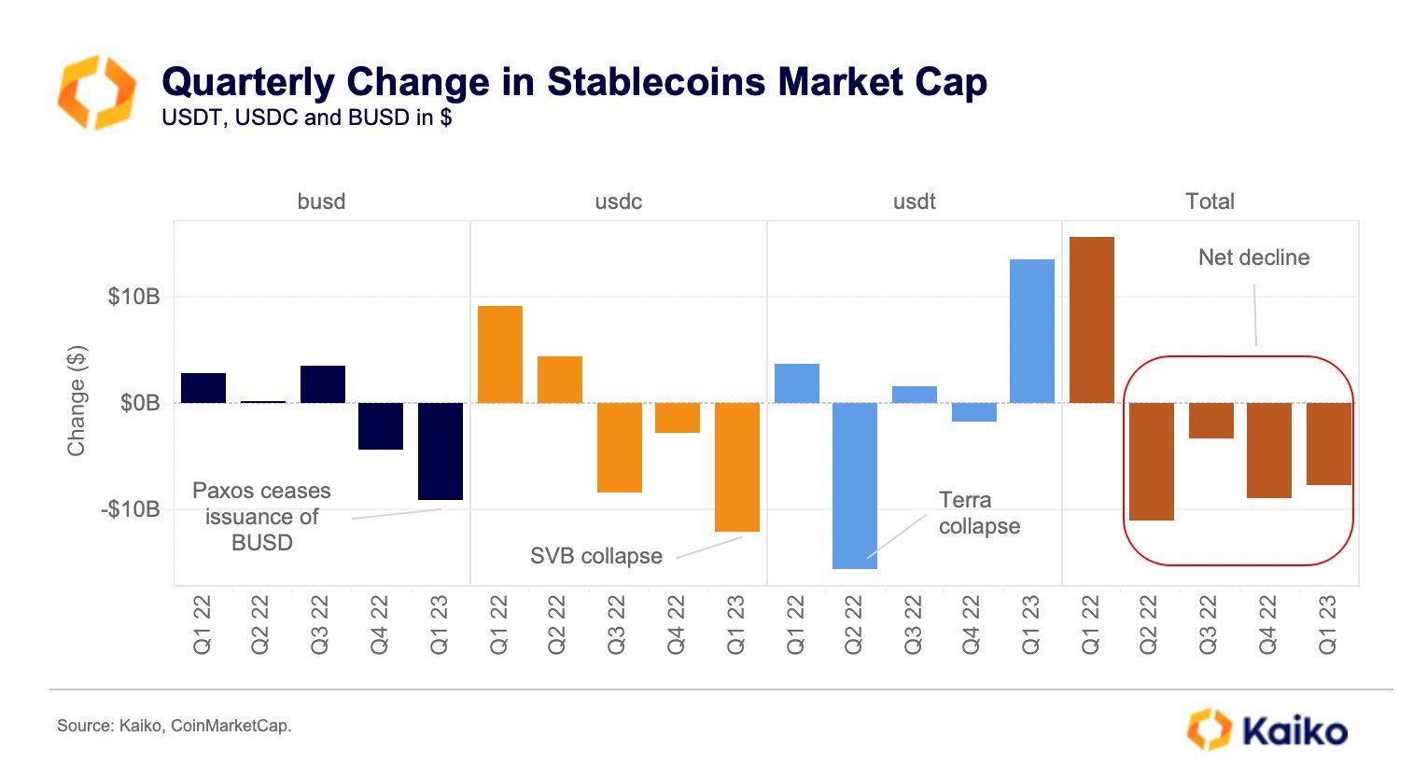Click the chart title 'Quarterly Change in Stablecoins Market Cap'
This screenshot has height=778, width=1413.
(x=574, y=82)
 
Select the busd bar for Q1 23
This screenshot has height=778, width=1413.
(x=440, y=451)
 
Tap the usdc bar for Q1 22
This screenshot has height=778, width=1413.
(x=499, y=354)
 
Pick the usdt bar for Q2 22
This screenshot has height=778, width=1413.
(x=854, y=485)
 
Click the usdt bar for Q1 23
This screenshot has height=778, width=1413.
(x=1031, y=331)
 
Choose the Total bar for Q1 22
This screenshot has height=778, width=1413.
(x=1091, y=320)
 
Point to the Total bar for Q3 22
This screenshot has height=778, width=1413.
(x=1210, y=420)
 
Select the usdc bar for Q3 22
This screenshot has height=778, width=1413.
(x=619, y=447)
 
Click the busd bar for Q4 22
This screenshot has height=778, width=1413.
(x=381, y=425)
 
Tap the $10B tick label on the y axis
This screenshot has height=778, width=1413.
(x=133, y=298)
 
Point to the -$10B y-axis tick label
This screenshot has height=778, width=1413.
(x=131, y=509)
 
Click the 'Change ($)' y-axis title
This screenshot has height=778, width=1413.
(x=77, y=401)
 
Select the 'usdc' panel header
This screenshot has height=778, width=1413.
(x=618, y=201)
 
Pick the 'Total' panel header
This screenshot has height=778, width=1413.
(x=1210, y=201)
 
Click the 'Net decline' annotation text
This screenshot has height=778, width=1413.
(x=1253, y=257)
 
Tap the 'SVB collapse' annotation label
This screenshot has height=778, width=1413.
(x=595, y=556)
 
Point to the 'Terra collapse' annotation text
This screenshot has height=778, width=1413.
(x=978, y=513)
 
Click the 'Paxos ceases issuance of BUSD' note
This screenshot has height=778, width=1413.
(x=261, y=517)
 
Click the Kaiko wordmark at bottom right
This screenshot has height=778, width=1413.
(x=1294, y=729)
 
